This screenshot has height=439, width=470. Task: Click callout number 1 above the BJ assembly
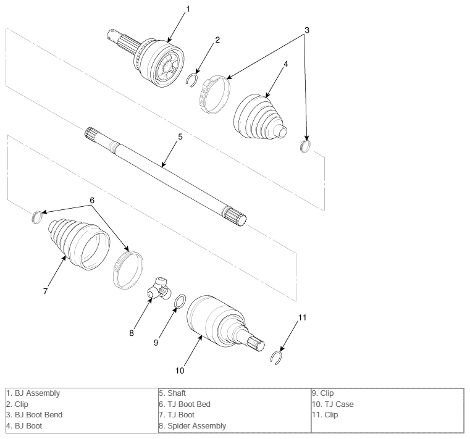188,9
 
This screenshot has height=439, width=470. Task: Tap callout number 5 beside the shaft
180,136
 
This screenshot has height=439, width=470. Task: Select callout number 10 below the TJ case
180,370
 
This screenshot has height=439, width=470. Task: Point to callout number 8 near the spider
132,333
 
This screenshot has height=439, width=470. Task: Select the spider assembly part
159,289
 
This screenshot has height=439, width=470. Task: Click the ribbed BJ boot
259,117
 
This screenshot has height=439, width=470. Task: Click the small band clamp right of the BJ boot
305,146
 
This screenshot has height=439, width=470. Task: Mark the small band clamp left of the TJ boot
36,217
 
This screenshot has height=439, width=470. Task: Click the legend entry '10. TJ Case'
333,404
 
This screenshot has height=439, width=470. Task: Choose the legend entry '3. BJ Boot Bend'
34,415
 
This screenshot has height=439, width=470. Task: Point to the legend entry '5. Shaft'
172,393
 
